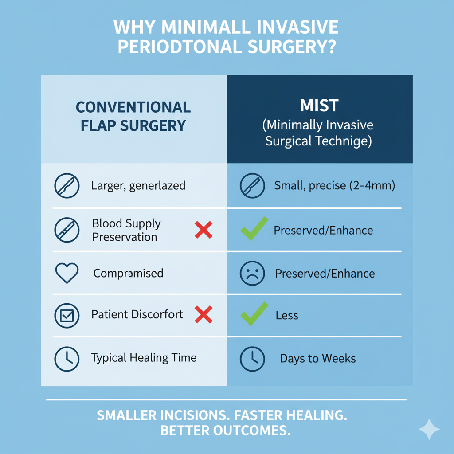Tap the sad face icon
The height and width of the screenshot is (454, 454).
(252, 273)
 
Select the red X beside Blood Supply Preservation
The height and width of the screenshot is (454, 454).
(204, 230)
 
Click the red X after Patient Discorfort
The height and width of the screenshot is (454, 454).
(204, 314)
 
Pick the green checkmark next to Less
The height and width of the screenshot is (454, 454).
(254, 314)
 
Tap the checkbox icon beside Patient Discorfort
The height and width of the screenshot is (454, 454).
(67, 316)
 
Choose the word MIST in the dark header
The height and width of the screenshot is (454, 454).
(319, 106)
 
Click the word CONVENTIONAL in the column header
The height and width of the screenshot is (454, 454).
(133, 107)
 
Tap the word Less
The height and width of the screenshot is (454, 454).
(287, 315)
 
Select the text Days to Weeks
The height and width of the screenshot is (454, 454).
(317, 358)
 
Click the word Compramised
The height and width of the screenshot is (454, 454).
(128, 273)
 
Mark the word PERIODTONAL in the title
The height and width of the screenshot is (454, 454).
(180, 47)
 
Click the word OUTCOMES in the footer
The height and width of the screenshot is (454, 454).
(252, 431)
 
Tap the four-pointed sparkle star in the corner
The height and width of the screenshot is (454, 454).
(429, 429)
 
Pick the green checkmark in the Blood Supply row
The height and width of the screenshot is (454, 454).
(254, 228)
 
